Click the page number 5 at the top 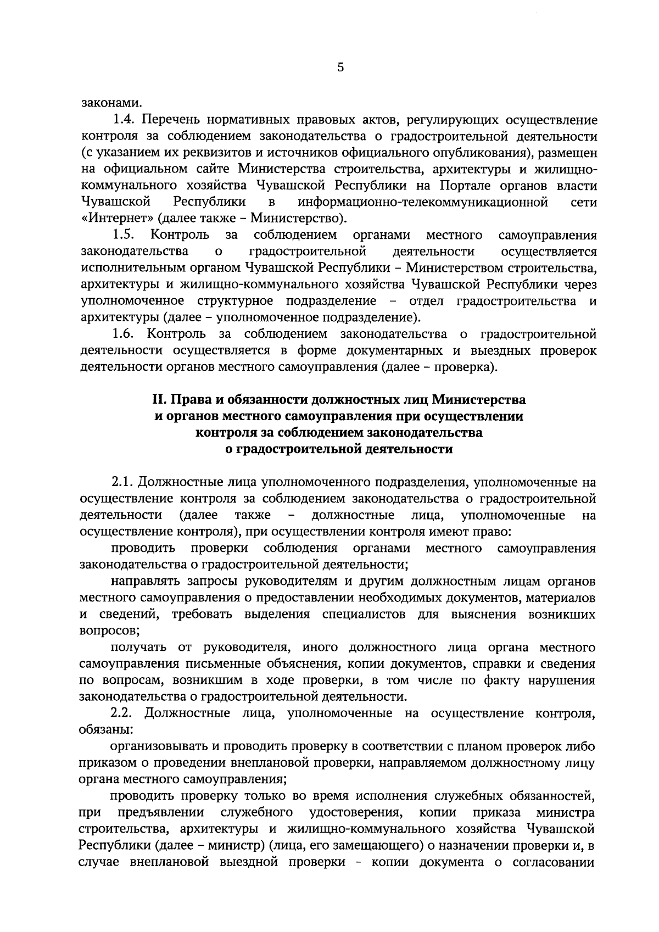click(x=340, y=68)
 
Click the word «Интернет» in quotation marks click(x=116, y=219)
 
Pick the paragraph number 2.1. click(x=121, y=482)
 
